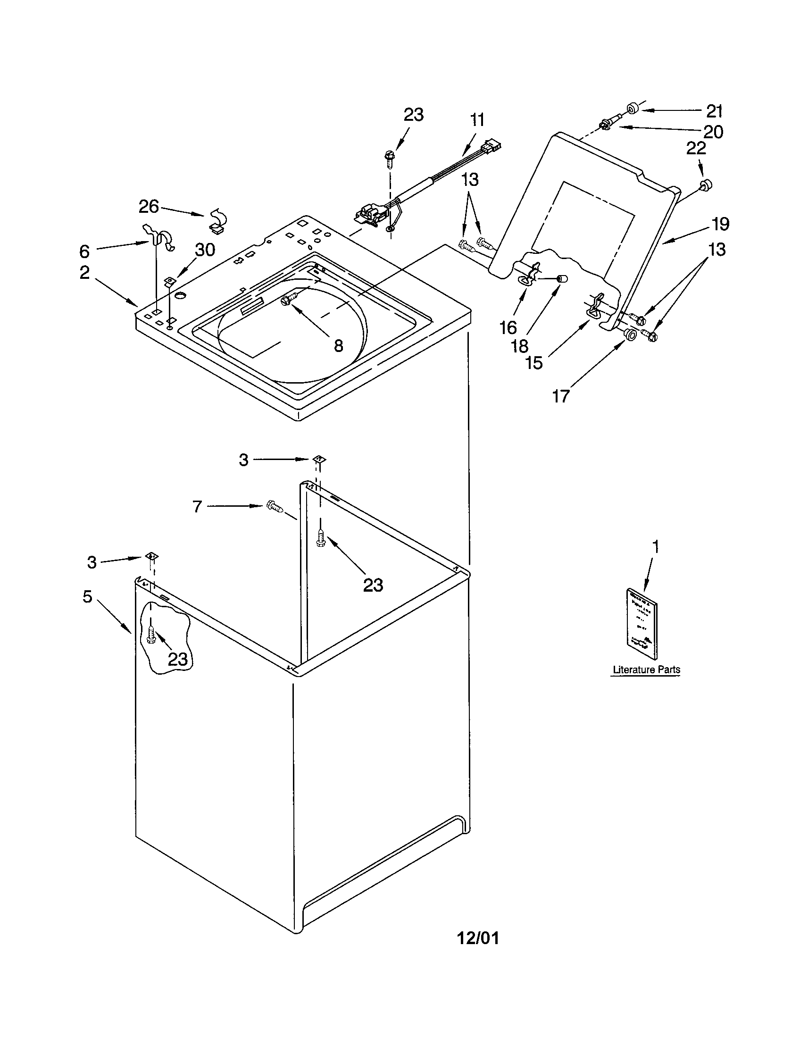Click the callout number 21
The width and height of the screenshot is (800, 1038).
(714, 111)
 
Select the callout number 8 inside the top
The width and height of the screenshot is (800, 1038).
(338, 345)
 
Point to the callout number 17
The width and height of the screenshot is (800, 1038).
(560, 396)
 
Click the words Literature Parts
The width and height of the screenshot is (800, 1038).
(646, 670)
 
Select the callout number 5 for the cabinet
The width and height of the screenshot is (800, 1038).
(87, 596)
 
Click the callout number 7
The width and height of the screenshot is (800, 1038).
(197, 507)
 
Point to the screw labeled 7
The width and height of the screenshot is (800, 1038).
(275, 506)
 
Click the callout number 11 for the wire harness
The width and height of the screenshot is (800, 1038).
(477, 120)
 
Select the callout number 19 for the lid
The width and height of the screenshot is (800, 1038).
(720, 224)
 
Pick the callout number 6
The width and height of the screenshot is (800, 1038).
(84, 251)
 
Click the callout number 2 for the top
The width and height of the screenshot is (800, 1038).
(84, 272)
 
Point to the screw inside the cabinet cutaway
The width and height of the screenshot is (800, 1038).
(151, 634)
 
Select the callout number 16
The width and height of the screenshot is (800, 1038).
(508, 327)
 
